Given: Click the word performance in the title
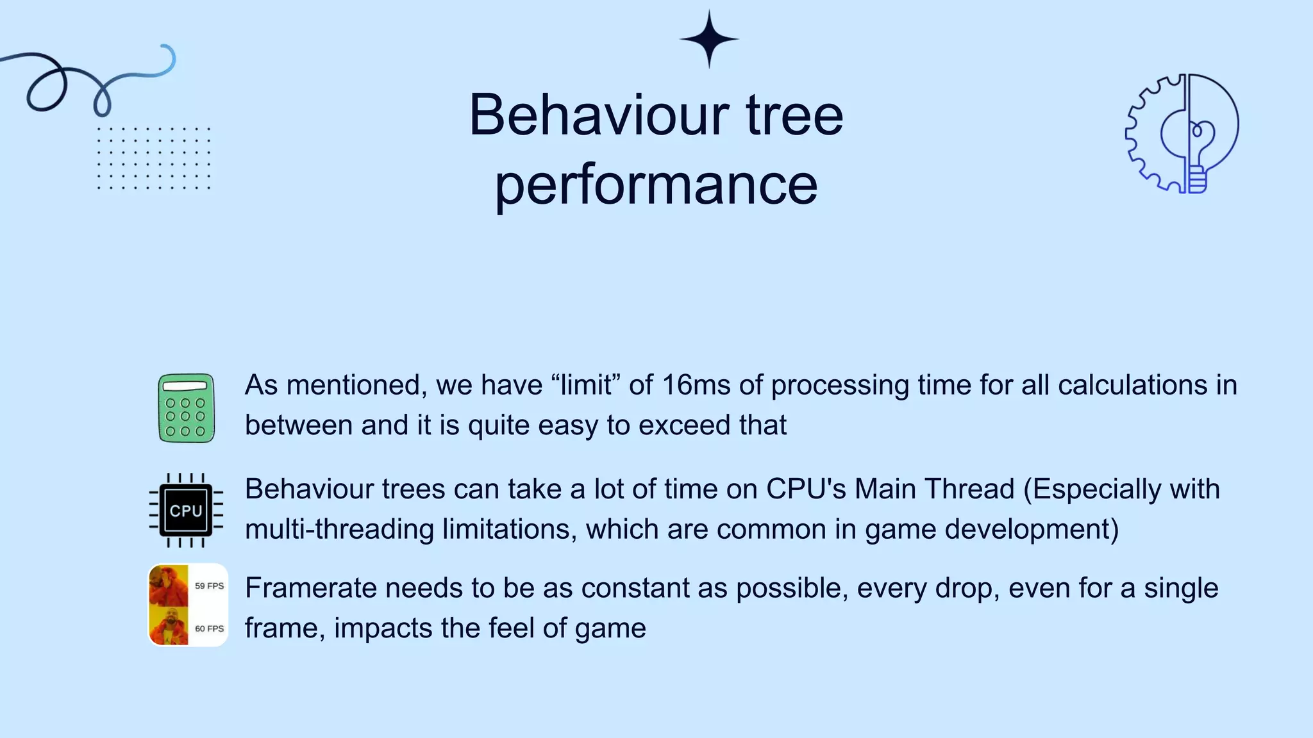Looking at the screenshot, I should [x=656, y=184].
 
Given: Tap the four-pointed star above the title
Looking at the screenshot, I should [x=709, y=39].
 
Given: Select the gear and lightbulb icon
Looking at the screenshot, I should [x=1182, y=133].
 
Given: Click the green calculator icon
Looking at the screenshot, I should [x=186, y=408].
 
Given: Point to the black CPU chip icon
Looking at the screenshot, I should [x=186, y=511].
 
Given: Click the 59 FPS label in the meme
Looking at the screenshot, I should [x=209, y=586].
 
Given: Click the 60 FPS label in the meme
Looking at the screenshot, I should [x=209, y=628].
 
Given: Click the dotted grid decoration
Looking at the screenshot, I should [x=154, y=158].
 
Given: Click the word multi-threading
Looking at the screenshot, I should [x=339, y=530].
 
